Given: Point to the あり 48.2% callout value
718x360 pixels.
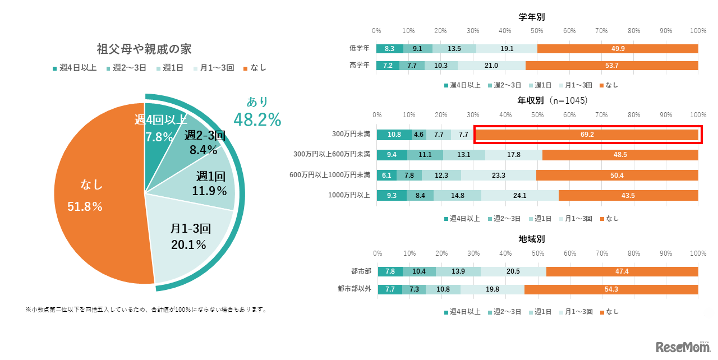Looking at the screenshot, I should (257, 119).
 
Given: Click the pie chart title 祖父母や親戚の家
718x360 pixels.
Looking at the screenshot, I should (144, 49).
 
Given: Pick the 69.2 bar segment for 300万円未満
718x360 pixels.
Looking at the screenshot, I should (586, 135).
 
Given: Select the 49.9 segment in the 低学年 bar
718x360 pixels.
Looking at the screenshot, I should (618, 49).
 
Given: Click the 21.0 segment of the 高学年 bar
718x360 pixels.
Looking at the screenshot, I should (491, 66).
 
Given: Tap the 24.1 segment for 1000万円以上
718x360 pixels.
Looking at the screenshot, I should (520, 195).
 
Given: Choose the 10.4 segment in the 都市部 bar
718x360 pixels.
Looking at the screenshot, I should (419, 271).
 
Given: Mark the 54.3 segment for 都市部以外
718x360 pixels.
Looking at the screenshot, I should (611, 289).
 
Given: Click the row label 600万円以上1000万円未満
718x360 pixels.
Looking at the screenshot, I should (330, 175).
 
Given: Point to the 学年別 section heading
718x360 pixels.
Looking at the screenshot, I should (531, 17).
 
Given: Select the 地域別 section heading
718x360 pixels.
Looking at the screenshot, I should (531, 239).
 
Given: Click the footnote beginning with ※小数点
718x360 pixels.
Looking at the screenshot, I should (145, 310).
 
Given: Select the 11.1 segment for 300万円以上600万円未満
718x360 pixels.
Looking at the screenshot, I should (425, 155).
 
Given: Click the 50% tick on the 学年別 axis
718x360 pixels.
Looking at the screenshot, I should (537, 30).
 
